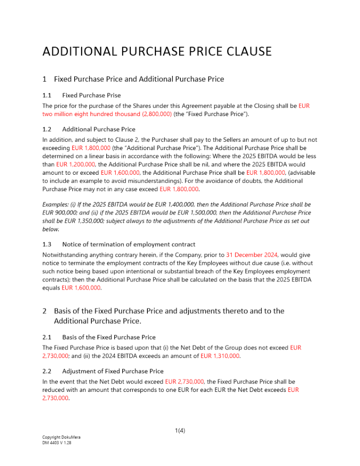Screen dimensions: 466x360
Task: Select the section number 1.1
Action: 47,95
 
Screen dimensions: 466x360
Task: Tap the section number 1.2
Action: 47,129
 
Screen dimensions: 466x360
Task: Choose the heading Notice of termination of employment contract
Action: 128,244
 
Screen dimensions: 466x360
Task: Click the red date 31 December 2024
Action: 252,254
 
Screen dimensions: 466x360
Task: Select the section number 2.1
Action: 47,337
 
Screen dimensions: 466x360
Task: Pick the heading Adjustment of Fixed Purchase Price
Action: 112,371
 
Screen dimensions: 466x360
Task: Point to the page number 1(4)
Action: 180,431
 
